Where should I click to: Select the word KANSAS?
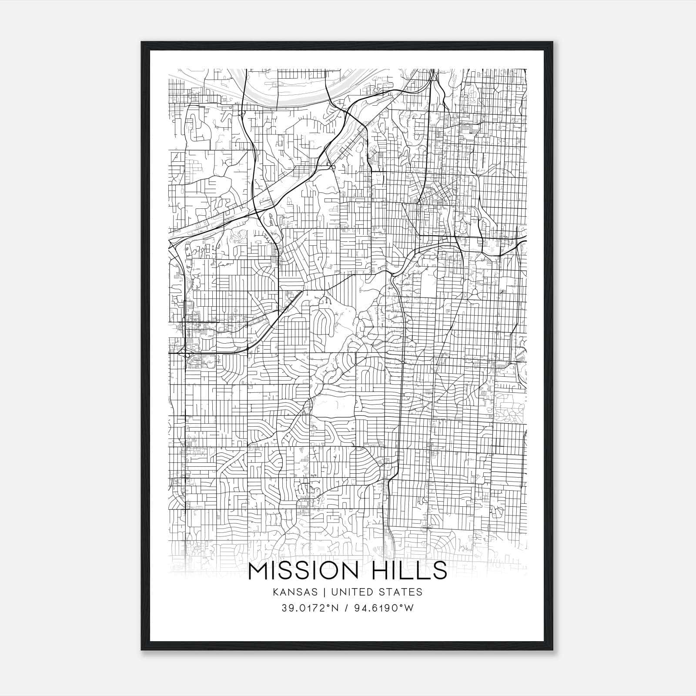point(293,592)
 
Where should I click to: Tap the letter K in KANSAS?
point(275,592)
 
